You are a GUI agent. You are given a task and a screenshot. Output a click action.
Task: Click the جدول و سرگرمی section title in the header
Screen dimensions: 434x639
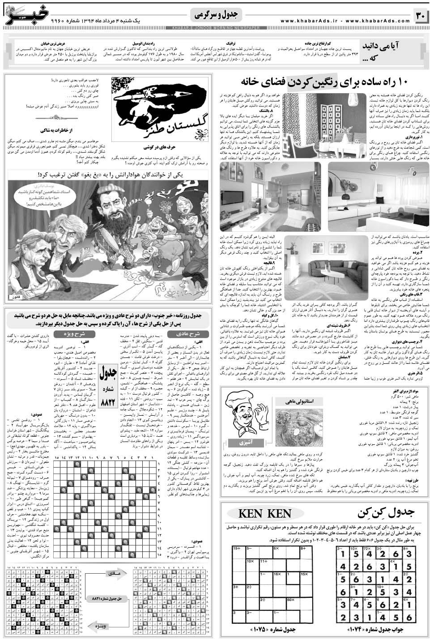point(219,15)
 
